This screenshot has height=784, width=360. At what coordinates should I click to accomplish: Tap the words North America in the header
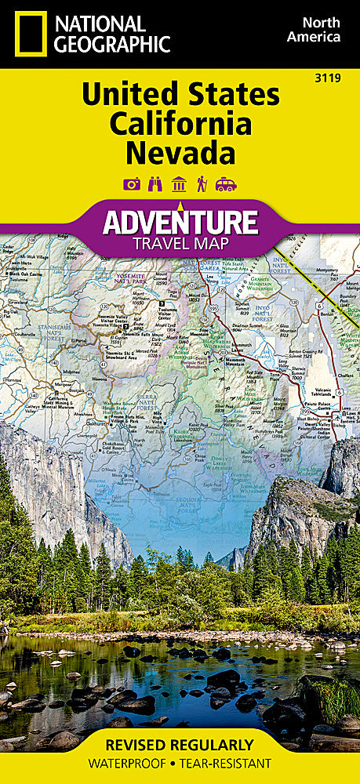(x=312, y=29)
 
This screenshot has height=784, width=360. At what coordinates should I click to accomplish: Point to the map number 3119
(x=339, y=76)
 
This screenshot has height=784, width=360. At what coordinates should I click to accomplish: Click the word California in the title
(x=180, y=123)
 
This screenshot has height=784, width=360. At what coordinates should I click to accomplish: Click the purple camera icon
(x=132, y=184)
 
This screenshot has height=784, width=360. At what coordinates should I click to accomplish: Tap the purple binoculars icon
(x=155, y=184)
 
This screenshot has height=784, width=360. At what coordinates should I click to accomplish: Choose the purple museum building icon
(x=180, y=184)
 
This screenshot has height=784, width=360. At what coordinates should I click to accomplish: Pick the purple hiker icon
(x=202, y=184)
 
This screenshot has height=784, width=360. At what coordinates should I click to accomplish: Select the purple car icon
(x=226, y=184)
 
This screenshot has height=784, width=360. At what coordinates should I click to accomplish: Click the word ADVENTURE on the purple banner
(x=180, y=222)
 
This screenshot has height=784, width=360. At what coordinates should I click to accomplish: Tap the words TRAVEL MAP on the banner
(x=180, y=242)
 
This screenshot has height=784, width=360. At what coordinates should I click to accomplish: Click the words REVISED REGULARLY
(x=180, y=745)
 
